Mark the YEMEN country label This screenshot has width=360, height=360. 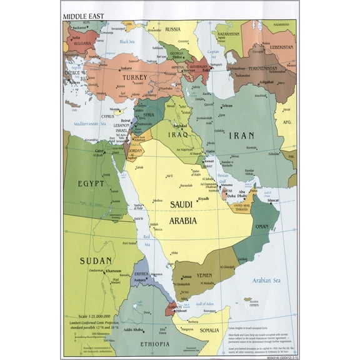[204, 275]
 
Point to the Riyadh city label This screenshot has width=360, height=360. [203, 199]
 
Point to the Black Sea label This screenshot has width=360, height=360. [127, 41]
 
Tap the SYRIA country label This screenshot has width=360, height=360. [149, 115]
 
